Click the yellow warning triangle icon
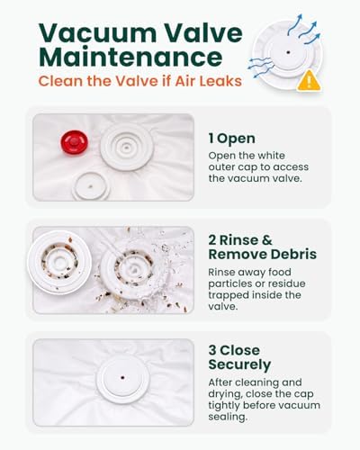click(x=309, y=81)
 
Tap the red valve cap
click(x=75, y=142)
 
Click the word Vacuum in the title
click(x=97, y=32)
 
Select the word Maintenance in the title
click(x=130, y=57)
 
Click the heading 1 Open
click(x=232, y=139)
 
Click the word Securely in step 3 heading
click(x=239, y=364)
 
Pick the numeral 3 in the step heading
click(x=212, y=350)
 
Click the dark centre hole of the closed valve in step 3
click(x=122, y=377)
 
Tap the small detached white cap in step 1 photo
click(x=91, y=186)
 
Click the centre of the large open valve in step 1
click(x=127, y=147)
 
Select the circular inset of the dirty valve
click(x=59, y=262)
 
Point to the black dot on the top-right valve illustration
click(x=288, y=52)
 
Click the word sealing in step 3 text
click(x=228, y=417)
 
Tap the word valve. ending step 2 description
click(x=223, y=306)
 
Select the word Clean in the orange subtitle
click(x=61, y=81)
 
